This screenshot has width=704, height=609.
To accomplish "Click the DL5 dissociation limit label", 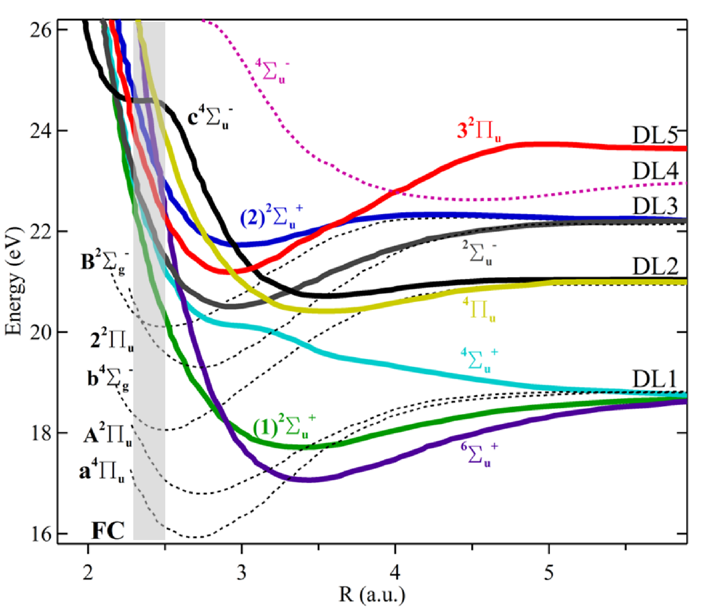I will pos(655,136).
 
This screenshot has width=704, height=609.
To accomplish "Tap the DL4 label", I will pos(655,171).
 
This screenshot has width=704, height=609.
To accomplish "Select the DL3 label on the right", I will pos(655,206).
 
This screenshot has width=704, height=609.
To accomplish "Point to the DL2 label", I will pos(655,267).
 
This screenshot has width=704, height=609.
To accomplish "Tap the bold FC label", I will pos(108,531).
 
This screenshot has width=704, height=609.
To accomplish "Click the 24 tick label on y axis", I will pos(40,131).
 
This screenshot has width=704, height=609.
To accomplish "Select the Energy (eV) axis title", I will pos(13,281).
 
